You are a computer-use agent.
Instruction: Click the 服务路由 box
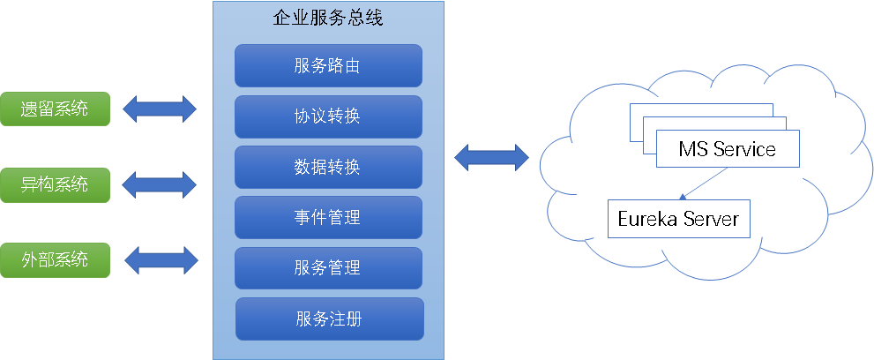click(x=328, y=65)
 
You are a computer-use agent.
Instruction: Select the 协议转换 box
click(x=328, y=116)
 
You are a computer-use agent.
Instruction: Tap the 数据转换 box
click(x=328, y=167)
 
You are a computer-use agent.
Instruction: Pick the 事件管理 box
click(x=328, y=217)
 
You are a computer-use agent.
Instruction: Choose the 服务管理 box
click(x=328, y=268)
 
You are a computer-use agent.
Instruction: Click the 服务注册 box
click(x=329, y=319)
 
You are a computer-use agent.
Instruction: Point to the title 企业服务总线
click(x=328, y=18)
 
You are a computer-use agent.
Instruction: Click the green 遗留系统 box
click(x=55, y=109)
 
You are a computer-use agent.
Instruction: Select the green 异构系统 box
click(x=55, y=184)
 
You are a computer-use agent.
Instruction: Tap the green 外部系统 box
click(x=55, y=259)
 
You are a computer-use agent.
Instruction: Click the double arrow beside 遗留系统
click(x=160, y=109)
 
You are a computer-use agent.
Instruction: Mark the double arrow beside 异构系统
click(x=160, y=184)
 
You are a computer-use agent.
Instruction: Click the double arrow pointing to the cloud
click(x=491, y=158)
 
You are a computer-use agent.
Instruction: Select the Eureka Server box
click(x=678, y=219)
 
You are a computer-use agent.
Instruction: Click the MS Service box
click(x=728, y=149)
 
